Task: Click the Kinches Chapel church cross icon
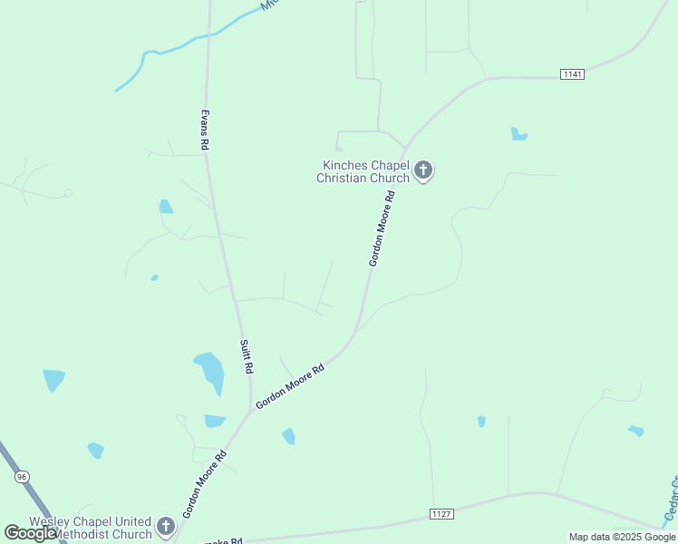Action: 423,170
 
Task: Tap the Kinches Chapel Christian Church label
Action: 363,171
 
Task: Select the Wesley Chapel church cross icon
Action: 165,526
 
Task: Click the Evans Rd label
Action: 205,130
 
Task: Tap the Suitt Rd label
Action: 245,356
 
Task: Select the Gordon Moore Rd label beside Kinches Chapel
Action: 383,228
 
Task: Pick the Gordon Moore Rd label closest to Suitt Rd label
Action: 290,386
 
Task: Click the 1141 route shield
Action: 571,73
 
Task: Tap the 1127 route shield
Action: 441,514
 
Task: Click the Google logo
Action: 30,533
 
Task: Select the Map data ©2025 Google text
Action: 622,537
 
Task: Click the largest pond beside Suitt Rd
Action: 210,371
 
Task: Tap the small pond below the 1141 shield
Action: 518,134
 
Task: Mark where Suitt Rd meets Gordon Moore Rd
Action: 250,413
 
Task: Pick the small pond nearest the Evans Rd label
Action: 165,207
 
